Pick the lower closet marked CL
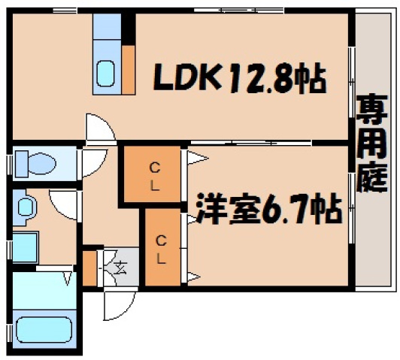pyautogui.click(x=162, y=249)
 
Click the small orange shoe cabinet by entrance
pyautogui.click(x=89, y=268)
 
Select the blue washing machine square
pyautogui.click(x=25, y=247)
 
